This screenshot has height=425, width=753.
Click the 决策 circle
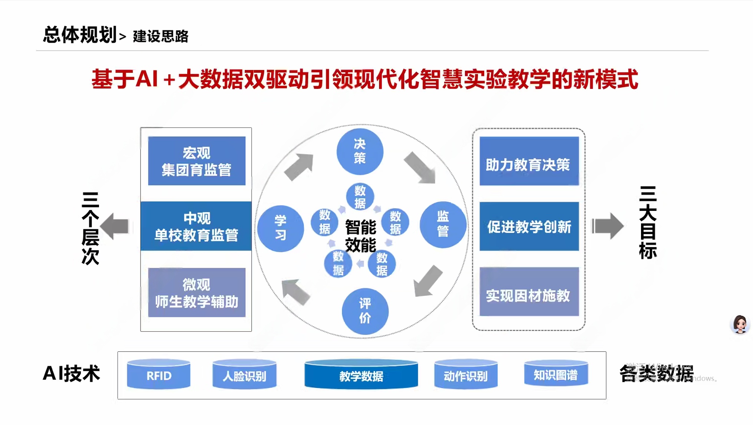[360, 152]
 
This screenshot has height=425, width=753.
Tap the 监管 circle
[443, 225]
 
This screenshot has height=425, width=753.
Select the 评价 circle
[365, 311]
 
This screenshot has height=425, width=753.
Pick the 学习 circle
[281, 229]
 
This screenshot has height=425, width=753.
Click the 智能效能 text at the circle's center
[360, 236]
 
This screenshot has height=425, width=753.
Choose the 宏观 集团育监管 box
[196, 161]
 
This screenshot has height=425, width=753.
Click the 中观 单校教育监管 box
[196, 226]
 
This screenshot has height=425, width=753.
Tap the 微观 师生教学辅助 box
[196, 292]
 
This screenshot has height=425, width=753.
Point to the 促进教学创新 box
[529, 226]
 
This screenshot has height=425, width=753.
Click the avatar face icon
[740, 325]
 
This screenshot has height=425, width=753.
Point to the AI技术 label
[72, 373]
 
